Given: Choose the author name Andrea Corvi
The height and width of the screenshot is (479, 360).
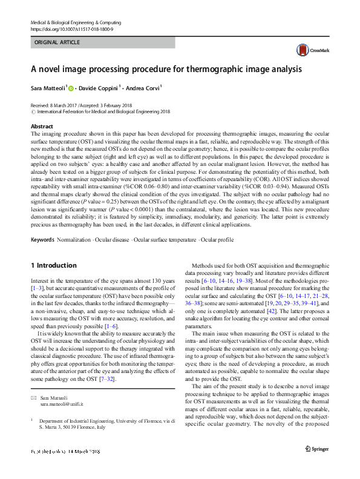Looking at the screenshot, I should [x=143, y=88].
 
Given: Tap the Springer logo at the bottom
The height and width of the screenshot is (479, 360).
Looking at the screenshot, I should [x=317, y=466].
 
